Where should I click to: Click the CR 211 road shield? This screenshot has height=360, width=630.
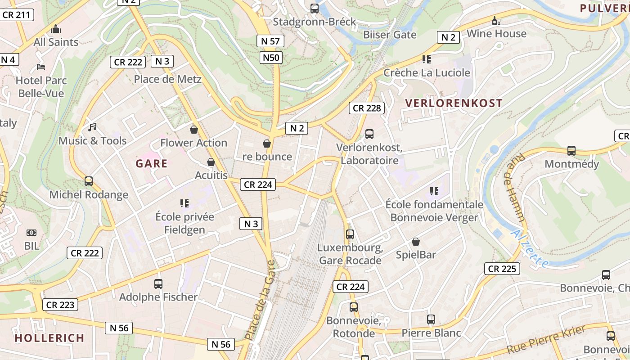pos(16,15)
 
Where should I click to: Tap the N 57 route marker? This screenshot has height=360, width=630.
pos(270,41)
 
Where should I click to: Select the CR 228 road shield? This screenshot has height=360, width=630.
pos(367,108)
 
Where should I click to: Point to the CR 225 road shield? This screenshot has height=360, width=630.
pos(502,269)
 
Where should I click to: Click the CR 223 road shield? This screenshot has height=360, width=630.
pos(60,305)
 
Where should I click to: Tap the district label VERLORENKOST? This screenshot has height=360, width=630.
pos(454,103)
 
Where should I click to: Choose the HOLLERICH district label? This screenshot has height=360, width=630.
pos(49,338)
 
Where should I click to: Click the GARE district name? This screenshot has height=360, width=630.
pos(152,163)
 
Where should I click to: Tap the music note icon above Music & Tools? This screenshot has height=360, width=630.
pos(92,127)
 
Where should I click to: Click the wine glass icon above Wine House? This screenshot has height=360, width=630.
pos(496,21)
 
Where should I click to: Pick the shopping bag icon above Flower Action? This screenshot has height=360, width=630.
pos(194,130)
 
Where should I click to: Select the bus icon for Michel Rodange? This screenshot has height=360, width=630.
pos(89,181)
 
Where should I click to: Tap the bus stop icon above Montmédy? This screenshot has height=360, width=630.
pos(571,151)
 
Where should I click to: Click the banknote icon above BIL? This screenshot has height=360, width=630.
pos(31,233)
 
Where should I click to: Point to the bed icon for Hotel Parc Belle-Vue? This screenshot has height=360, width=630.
pos(41,67)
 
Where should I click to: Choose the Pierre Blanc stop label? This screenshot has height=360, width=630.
pos(431,333)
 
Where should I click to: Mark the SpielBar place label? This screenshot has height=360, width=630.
pos(416,255)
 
